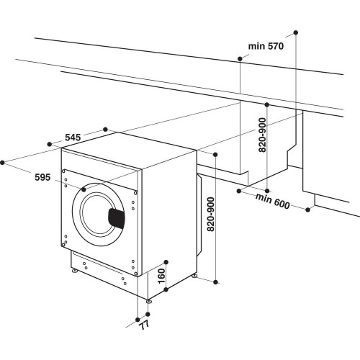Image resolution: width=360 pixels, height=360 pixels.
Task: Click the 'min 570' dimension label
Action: coord(266,46)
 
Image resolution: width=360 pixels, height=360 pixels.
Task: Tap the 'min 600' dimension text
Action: coord(273,202)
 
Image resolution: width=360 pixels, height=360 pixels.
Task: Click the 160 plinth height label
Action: coord(161,276)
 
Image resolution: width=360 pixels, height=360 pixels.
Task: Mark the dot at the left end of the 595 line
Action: coord(4,163)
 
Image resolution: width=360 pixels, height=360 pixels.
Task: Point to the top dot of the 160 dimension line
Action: coord(166,261)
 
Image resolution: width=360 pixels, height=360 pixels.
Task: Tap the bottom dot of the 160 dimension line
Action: coord(166,290)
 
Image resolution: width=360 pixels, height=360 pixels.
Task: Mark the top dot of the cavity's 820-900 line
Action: coord(267,105)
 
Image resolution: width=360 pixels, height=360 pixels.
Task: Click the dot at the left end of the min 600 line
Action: coord(239,192)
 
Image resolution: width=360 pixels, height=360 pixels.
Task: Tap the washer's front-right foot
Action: coord(148,300)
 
